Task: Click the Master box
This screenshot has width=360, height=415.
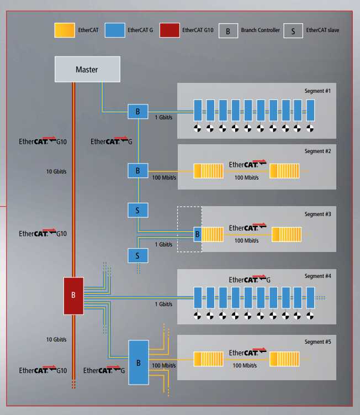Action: tap(87, 69)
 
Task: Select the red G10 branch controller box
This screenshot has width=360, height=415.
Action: tap(73, 296)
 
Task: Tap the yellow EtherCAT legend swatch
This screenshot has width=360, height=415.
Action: tap(65, 30)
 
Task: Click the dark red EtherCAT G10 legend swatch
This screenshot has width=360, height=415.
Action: tap(170, 30)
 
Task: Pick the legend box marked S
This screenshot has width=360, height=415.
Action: tap(293, 31)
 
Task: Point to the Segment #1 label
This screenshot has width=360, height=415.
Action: tap(317, 91)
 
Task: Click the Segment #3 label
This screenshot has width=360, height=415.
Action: tap(317, 214)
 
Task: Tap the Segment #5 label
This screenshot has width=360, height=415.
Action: tap(317, 342)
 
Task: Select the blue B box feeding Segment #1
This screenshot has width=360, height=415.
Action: tap(138, 112)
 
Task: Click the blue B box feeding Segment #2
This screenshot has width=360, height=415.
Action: tap(138, 170)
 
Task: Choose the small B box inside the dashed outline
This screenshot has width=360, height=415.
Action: tap(197, 234)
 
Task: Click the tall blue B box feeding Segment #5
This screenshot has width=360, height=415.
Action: tap(139, 363)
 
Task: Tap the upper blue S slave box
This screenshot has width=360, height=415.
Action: tap(138, 210)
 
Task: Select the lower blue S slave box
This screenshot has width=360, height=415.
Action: tap(138, 255)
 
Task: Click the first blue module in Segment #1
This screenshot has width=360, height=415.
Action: tap(198, 111)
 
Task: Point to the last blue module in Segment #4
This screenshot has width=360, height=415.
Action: tap(310, 297)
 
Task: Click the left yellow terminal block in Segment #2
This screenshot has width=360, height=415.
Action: tap(208, 171)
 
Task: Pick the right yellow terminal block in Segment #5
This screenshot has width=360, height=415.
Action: tap(284, 359)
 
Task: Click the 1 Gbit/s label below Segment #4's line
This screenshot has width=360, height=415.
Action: tap(163, 304)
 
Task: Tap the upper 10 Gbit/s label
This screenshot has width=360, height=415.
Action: tap(56, 171)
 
